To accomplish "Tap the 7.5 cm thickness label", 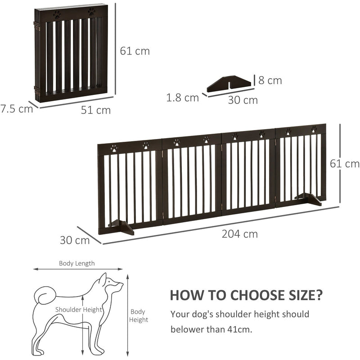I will [x=17, y=108].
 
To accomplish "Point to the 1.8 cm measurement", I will [x=182, y=97].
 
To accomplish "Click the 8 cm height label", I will [x=270, y=81].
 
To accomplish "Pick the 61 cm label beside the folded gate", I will [x=135, y=51].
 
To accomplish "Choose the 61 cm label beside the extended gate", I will [x=345, y=163].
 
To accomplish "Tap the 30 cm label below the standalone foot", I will [x=243, y=100].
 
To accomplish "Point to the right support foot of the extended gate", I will [x=308, y=198].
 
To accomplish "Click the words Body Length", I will [x=77, y=264].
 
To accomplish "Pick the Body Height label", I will [x=139, y=315].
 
